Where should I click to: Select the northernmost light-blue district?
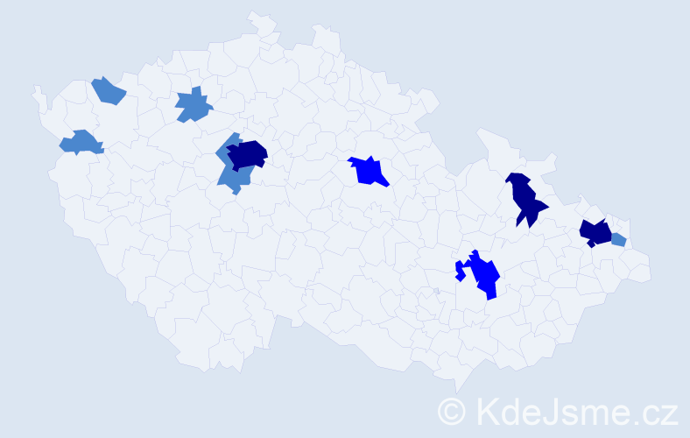[x=108, y=90]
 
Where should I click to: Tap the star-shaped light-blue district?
[x=194, y=105]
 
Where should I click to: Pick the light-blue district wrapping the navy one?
[x=231, y=175]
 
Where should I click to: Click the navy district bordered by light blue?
[x=247, y=153]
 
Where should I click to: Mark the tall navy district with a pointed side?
[x=525, y=200]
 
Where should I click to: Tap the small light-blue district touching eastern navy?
[x=618, y=239]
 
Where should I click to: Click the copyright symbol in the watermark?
[x=452, y=411]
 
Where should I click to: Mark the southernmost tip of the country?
[x=457, y=389]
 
